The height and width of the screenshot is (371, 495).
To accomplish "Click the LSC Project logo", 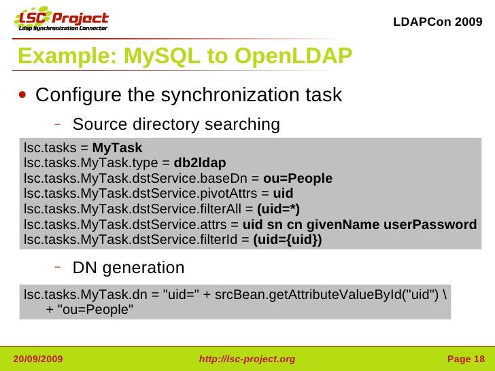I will pyautogui.click(x=61, y=21).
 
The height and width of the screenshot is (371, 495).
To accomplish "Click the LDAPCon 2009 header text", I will pyautogui.click(x=438, y=21).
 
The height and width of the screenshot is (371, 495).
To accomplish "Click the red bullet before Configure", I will pyautogui.click(x=23, y=96).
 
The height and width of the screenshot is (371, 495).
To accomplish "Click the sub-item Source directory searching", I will pyautogui.click(x=175, y=125).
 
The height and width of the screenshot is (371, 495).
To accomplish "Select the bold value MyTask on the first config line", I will pyautogui.click(x=117, y=148).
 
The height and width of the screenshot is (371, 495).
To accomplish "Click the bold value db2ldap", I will pyautogui.click(x=200, y=164).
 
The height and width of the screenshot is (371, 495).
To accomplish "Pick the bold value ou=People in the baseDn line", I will pyautogui.click(x=298, y=179).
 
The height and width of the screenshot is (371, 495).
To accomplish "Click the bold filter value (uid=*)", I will pyautogui.click(x=278, y=209).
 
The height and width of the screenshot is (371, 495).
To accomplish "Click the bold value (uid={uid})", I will pyautogui.click(x=288, y=239).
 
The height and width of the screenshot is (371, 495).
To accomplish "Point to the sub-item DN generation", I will pyautogui.click(x=129, y=268).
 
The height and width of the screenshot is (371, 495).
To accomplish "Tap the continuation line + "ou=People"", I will pyautogui.click(x=89, y=310).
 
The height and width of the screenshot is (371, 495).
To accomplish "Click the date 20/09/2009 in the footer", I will pyautogui.click(x=38, y=359).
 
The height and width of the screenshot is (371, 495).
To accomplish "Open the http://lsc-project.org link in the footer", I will pyautogui.click(x=246, y=359).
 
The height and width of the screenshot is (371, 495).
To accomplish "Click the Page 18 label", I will pyautogui.click(x=465, y=359).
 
